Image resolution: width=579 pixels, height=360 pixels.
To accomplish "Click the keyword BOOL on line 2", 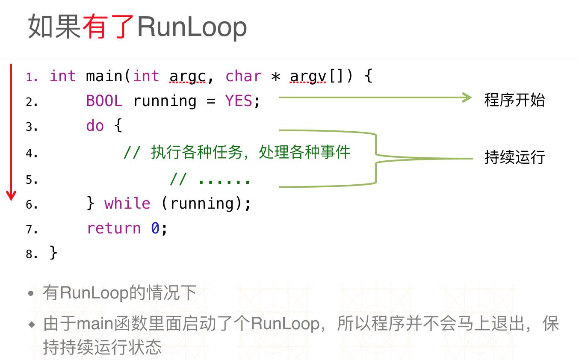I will pos(104,101).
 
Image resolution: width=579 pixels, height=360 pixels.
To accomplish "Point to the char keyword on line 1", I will pos(243,76).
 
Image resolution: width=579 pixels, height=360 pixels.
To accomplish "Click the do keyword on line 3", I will pos(95,126).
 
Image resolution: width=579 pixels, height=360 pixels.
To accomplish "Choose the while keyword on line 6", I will pos(127,203).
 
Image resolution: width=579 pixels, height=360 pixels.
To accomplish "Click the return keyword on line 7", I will pos(114,228).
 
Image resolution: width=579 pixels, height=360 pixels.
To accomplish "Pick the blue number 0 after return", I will pos(155,228).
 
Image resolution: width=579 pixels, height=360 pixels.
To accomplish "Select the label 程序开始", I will pos(514,100).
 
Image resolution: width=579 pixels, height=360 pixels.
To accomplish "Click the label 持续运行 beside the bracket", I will pos(514,157).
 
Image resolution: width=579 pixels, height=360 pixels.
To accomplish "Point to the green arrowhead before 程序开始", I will pos(467,98).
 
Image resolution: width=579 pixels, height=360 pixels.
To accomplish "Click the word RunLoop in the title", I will pos(192,27).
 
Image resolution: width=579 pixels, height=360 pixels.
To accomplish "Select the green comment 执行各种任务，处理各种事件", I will pos(250,152).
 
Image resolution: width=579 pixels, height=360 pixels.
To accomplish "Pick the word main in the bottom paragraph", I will pos(95,324).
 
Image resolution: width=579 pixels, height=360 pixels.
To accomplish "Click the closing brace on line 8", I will pos(53,253).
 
